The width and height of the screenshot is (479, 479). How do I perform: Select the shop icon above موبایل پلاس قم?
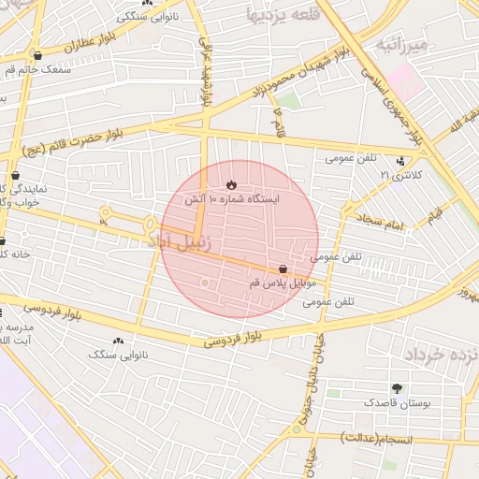[283, 269]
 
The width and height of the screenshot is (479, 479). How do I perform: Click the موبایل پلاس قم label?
[283, 282]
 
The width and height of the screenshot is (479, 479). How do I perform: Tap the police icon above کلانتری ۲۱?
[401, 161]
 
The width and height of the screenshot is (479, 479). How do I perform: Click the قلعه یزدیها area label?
[282, 16]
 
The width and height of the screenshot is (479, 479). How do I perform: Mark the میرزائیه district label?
[401, 43]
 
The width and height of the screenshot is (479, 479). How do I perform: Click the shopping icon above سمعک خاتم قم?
[37, 55]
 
